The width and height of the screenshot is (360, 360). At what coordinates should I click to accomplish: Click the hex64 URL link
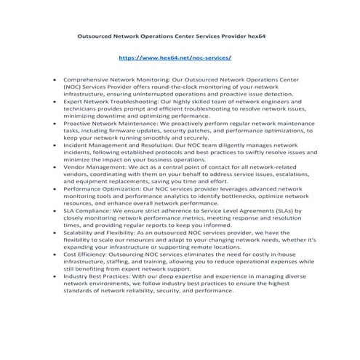coord(175,56)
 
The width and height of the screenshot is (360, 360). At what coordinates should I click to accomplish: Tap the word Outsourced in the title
coord(97,35)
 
